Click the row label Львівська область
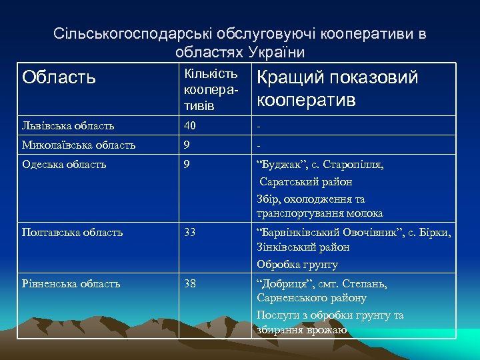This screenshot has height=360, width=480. (x=68, y=125)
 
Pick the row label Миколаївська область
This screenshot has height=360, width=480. (x=79, y=145)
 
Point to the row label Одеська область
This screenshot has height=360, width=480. (x=66, y=164)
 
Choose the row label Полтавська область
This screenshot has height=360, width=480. (x=72, y=232)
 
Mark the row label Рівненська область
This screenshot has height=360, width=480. (x=71, y=283)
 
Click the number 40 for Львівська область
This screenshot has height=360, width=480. (x=191, y=125)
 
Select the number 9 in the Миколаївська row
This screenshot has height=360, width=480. (x=187, y=145)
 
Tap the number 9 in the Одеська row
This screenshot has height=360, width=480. (x=187, y=164)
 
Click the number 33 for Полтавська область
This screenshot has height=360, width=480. (x=190, y=232)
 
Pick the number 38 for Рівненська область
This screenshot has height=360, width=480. (x=190, y=283)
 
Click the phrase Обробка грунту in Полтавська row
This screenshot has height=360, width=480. (x=297, y=265)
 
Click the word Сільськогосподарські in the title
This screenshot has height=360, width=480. (x=123, y=33)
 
